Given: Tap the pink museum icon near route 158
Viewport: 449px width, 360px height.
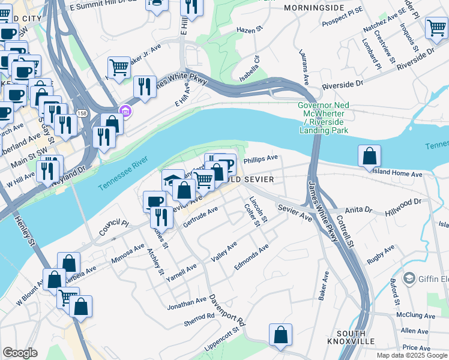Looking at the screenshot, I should click(x=125, y=110).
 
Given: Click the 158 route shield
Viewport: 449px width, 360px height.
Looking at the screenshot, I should click(x=81, y=113).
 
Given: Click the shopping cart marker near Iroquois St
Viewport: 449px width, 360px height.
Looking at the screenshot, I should click(x=436, y=27).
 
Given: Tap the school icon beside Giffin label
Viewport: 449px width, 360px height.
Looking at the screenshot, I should click(x=409, y=278).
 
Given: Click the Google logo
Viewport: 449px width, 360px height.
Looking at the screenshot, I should click(x=20, y=353).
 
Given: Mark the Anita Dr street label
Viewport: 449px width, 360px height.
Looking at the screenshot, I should click(x=360, y=211).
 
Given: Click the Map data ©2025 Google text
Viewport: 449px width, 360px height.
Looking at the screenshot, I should click(x=411, y=355).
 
